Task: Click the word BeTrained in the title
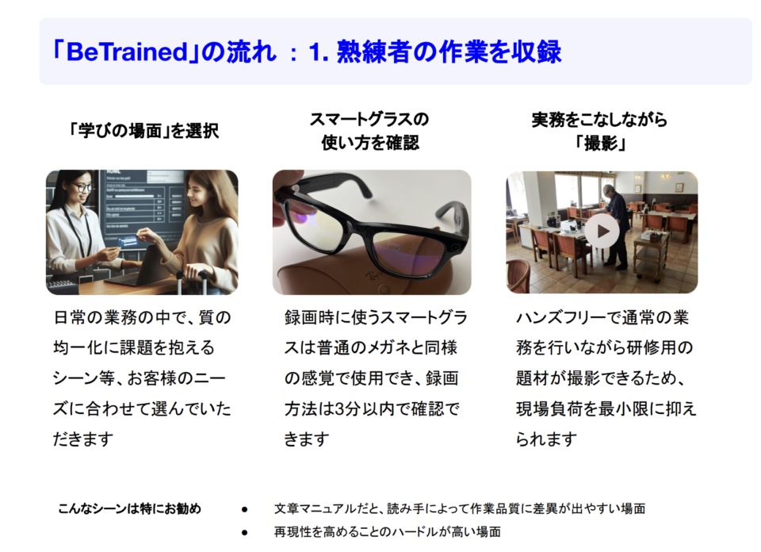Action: (x=126, y=52)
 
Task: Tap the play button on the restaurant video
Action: (x=602, y=232)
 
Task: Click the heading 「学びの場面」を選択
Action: (x=143, y=131)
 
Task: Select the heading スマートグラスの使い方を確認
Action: (x=370, y=131)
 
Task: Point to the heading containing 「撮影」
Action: (x=600, y=131)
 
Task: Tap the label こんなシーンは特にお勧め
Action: (x=129, y=509)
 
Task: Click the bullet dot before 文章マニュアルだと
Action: (x=245, y=510)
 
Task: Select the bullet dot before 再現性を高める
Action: (x=245, y=533)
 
